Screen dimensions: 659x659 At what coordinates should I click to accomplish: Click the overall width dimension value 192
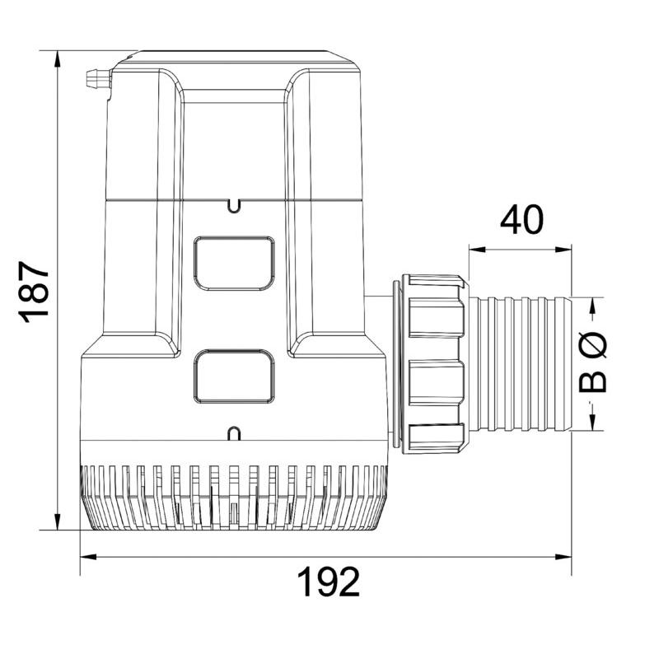pos(328,582)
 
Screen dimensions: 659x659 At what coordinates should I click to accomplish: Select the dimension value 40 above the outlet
pos(521,220)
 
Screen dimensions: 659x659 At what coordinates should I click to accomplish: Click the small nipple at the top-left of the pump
pos(96,80)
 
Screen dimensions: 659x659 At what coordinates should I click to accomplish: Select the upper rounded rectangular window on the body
pos(233,263)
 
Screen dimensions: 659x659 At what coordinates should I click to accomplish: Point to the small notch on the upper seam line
pos(234,203)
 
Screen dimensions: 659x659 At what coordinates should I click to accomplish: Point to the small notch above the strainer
pos(234,432)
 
